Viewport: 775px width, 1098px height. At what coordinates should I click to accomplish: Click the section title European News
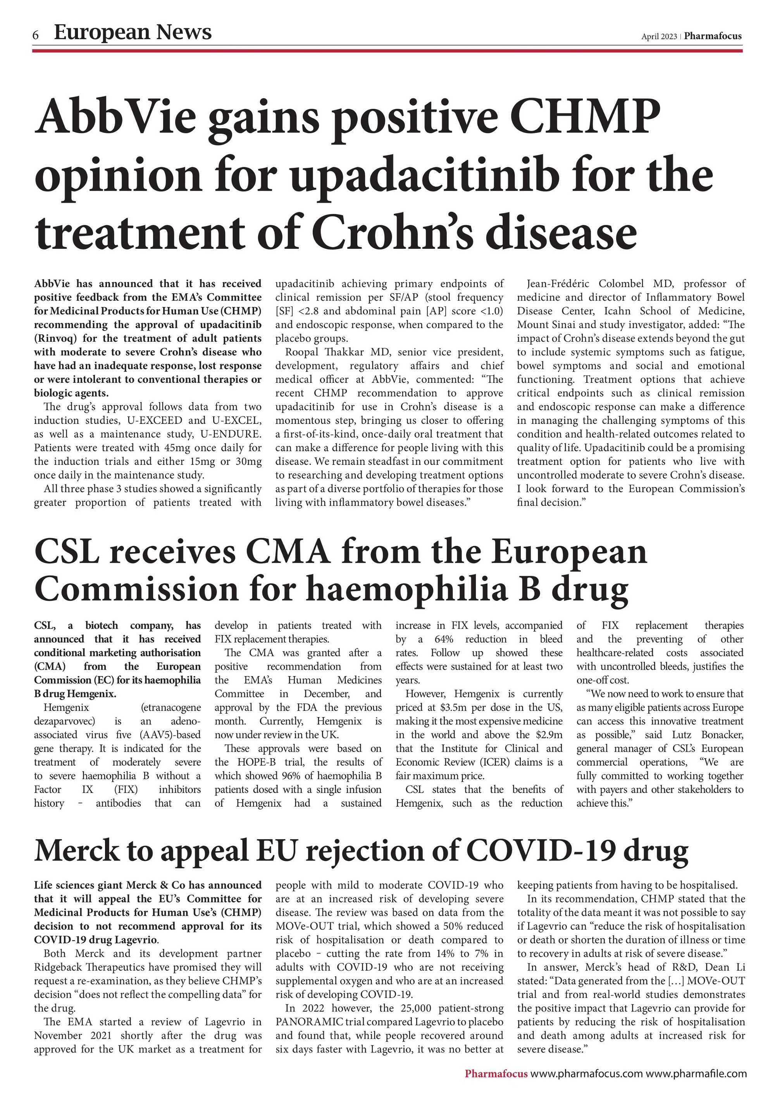pyautogui.click(x=133, y=33)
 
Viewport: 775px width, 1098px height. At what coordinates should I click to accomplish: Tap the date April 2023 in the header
pyautogui.click(x=659, y=36)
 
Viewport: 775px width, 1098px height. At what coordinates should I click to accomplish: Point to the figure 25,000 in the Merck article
pyautogui.click(x=415, y=1022)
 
